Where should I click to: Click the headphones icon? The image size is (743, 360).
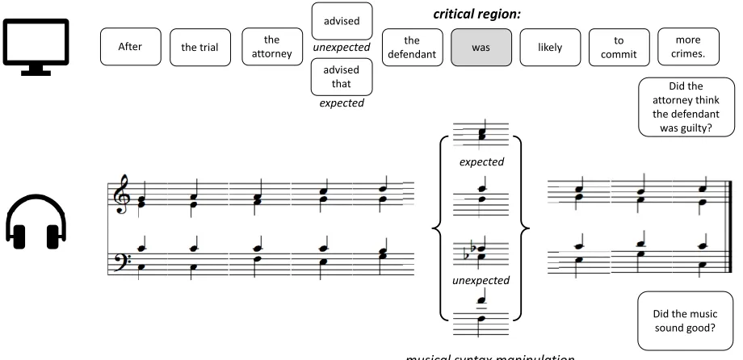tap(36, 220)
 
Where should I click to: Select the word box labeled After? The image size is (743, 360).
tap(130, 47)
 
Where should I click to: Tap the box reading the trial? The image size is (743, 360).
tap(200, 47)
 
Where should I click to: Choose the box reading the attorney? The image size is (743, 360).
tap(272, 47)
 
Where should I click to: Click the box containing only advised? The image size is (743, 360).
tap(342, 21)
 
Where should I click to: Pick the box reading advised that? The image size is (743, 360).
tap(342, 77)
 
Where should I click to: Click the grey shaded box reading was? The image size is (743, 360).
tap(481, 48)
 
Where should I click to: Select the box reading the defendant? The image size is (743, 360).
tap(412, 48)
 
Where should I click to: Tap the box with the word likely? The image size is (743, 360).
tap(550, 48)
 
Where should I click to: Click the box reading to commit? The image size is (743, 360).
tap(619, 48)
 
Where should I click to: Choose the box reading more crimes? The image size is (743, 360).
tap(689, 47)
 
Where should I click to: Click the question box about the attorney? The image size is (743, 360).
tap(686, 107)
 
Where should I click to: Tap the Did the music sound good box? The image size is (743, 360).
tap(685, 320)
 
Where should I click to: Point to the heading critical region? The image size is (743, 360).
tap(476, 14)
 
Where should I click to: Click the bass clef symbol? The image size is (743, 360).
tap(122, 262)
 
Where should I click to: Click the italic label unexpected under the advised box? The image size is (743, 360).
tap(342, 48)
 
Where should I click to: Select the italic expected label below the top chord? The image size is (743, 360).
tap(481, 162)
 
